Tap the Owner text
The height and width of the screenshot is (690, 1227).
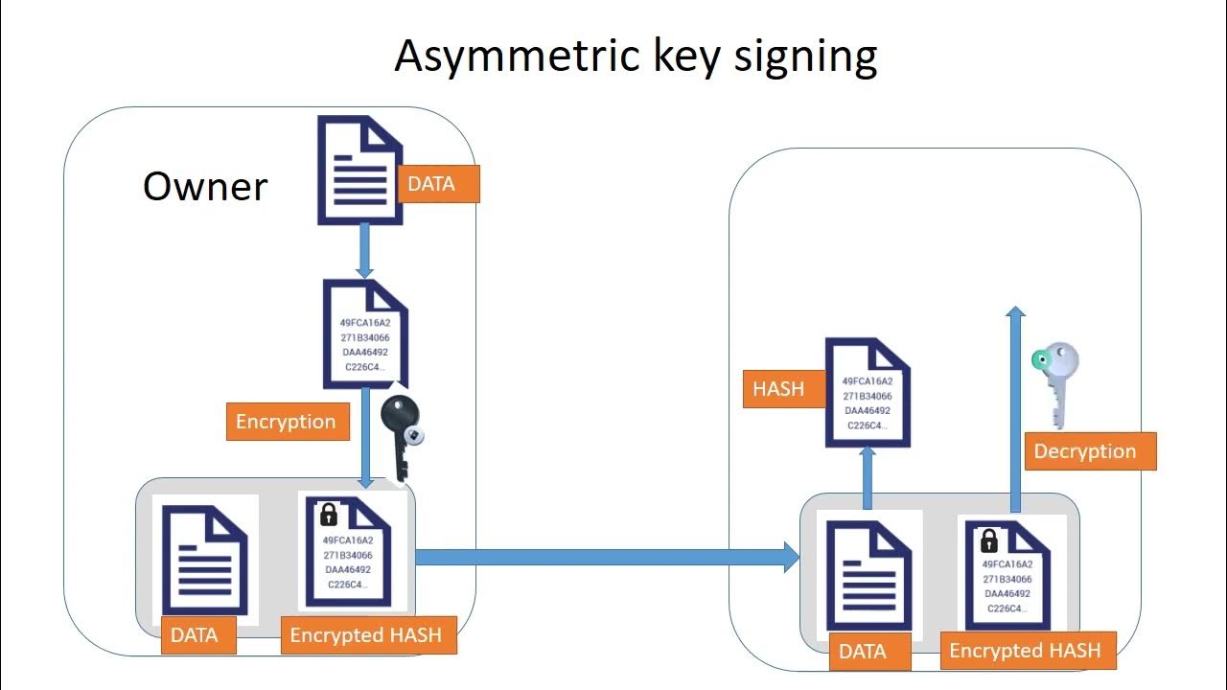click(205, 186)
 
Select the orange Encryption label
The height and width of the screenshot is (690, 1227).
click(286, 422)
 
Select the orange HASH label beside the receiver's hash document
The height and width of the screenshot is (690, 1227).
click(777, 389)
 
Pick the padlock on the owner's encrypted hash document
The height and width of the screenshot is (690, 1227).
click(328, 515)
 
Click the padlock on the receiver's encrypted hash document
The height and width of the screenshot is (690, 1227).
click(988, 540)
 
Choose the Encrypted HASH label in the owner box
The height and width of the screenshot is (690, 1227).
click(366, 634)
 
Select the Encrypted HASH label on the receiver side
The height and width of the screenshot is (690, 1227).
click(1025, 652)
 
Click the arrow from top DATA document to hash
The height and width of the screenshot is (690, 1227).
click(364, 251)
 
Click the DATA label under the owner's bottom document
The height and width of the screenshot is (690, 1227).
click(195, 634)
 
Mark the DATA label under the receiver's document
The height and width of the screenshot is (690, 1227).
click(862, 652)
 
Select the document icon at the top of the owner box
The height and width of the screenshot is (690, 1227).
click(359, 170)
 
